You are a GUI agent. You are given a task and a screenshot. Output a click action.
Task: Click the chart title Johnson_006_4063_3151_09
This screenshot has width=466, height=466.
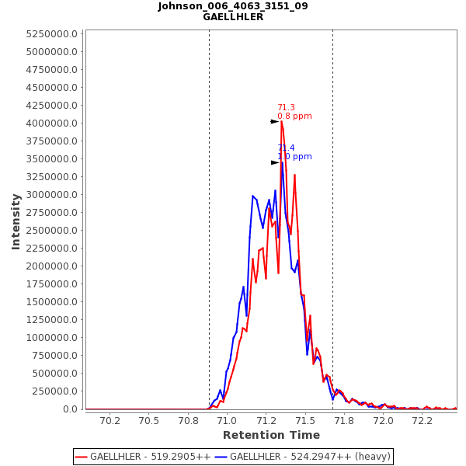point(232,6)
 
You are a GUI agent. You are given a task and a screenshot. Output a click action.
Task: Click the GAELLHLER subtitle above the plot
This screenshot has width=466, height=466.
point(232,17)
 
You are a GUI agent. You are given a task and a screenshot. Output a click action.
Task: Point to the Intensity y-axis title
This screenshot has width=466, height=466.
point(16,221)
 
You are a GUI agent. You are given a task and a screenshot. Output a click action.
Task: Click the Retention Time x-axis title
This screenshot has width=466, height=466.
point(271,435)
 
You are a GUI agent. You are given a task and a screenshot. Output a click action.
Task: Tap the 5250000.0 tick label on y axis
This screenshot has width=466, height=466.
point(52,34)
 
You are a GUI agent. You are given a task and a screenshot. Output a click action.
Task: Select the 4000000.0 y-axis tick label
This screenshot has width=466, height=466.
point(52,123)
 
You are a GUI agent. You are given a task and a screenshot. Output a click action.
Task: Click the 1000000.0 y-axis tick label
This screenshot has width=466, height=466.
point(52,338)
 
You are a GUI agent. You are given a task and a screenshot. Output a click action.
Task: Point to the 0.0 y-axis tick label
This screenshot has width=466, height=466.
point(71,409)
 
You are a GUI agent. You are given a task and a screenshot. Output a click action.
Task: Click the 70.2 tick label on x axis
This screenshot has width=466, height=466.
point(110,421)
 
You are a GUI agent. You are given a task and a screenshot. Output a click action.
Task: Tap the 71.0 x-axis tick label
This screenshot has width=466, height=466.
point(227,421)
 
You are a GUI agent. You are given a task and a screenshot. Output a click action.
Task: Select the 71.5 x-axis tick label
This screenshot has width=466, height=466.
point(305,421)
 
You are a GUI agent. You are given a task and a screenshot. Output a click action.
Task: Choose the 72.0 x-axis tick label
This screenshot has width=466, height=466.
point(384,421)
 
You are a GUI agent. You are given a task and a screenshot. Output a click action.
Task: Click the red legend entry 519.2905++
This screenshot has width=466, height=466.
point(143,457)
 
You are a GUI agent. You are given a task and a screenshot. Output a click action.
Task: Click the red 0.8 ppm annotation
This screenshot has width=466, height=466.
point(294,116)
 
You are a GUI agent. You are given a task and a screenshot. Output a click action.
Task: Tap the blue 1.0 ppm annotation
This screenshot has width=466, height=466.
point(294,157)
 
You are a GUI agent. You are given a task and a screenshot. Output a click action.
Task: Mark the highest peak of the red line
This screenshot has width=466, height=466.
point(281,121)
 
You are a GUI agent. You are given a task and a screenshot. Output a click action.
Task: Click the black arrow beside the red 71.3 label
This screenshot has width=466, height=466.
point(274,122)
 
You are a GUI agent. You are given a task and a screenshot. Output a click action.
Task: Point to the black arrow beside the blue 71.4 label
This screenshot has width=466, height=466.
point(274,162)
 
